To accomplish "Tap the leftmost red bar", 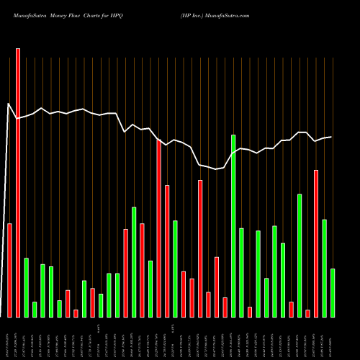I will (10, 270).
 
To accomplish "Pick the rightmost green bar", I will (333, 292).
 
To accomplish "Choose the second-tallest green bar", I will (300, 256).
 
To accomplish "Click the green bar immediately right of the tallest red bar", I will (27, 287).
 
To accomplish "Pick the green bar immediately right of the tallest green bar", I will (241, 272).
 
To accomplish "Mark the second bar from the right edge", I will (324, 268).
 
